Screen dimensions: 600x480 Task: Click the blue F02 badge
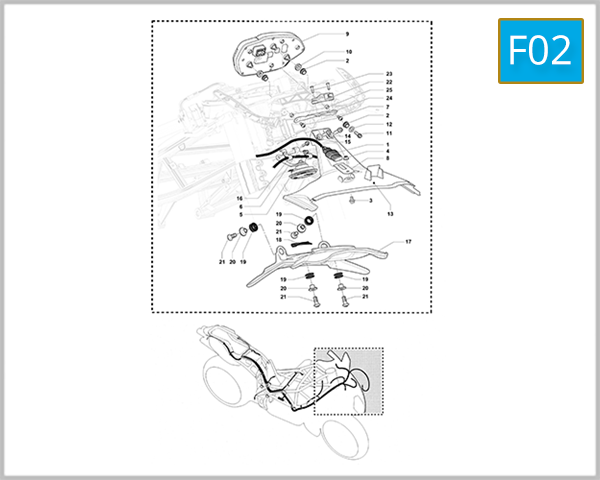point(541,51)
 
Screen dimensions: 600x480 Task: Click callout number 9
point(347,34)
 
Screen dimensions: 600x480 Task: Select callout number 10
point(349,52)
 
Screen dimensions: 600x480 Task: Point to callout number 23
point(389,74)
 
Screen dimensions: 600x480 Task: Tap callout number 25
point(389,90)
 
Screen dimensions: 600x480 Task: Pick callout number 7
point(388,107)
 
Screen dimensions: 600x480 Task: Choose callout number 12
point(389,124)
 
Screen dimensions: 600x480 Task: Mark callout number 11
point(389,134)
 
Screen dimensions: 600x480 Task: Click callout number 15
point(348,142)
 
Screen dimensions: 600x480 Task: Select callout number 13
point(390,214)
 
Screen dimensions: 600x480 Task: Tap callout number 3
point(371,201)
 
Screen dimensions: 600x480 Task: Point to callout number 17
point(408,242)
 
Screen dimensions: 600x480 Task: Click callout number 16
point(240,198)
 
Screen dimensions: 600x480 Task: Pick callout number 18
point(279,240)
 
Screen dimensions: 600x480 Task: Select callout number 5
point(241,214)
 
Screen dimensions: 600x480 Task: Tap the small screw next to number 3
point(352,200)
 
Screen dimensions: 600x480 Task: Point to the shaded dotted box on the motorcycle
point(349,381)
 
